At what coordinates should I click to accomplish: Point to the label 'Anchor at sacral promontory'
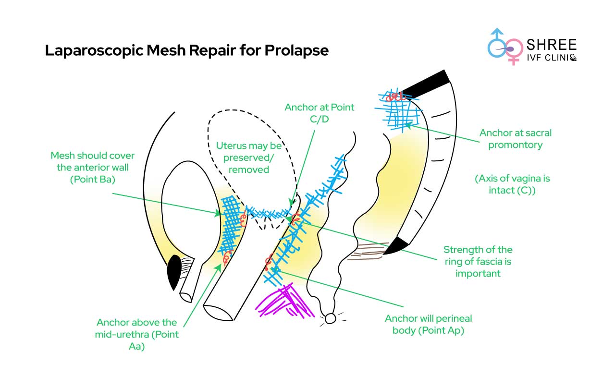[x=515, y=139]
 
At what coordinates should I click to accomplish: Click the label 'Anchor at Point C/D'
[x=319, y=113]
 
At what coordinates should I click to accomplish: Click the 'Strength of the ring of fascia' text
[x=478, y=261]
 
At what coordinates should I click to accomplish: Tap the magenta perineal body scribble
[x=281, y=300]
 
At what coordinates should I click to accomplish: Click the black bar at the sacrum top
[x=425, y=82]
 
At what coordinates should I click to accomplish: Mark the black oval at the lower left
[x=173, y=272]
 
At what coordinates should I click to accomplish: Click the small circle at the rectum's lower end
[x=330, y=318]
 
